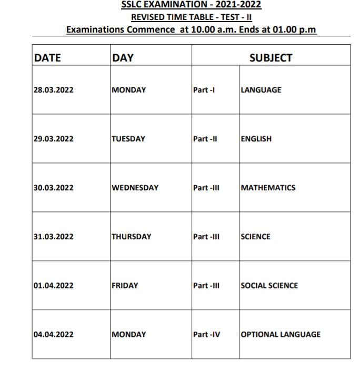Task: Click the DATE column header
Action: [x=47, y=58]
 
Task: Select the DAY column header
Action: [x=123, y=58]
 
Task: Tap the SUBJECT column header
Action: [x=271, y=58]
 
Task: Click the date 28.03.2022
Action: [x=53, y=90]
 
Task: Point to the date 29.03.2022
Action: [x=53, y=139]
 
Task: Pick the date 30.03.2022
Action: [x=53, y=188]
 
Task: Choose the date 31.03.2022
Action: [x=53, y=237]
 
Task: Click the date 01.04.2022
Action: [x=53, y=285]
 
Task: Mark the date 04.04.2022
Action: [x=53, y=334]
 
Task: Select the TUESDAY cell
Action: [x=128, y=139]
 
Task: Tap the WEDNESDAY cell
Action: [x=135, y=188]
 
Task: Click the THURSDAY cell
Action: [x=131, y=237]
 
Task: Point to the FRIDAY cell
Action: [x=125, y=285]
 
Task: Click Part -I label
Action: [x=204, y=90]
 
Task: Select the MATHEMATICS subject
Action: [x=268, y=188]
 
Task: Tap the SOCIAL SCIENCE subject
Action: [x=269, y=285]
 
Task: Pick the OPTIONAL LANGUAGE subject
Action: [x=281, y=334]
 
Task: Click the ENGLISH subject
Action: [x=256, y=139]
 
